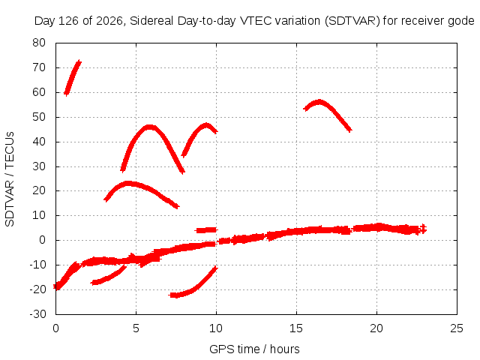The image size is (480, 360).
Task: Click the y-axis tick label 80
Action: tap(39, 43)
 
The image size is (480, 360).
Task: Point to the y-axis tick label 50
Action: tap(39, 117)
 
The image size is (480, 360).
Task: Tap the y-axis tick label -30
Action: tap(37, 314)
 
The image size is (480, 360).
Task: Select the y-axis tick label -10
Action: tap(37, 265)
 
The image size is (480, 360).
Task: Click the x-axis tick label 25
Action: tap(457, 328)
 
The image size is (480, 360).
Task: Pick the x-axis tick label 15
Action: tap(296, 328)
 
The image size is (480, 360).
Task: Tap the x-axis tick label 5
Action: tap(136, 328)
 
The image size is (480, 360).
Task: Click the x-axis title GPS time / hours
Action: tap(254, 349)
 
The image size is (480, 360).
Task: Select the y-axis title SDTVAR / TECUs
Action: tap(10, 179)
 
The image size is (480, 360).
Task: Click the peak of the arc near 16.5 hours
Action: tap(319, 102)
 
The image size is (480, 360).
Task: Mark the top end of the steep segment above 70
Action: tap(79, 62)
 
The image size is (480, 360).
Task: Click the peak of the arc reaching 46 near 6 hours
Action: tap(149, 127)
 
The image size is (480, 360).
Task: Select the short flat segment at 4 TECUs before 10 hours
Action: tap(206, 230)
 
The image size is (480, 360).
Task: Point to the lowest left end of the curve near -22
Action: tap(172, 295)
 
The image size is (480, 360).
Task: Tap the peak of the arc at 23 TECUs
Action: tap(128, 184)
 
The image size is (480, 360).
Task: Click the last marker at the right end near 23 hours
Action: tap(423, 228)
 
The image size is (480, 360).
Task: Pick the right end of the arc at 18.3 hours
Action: tap(349, 130)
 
